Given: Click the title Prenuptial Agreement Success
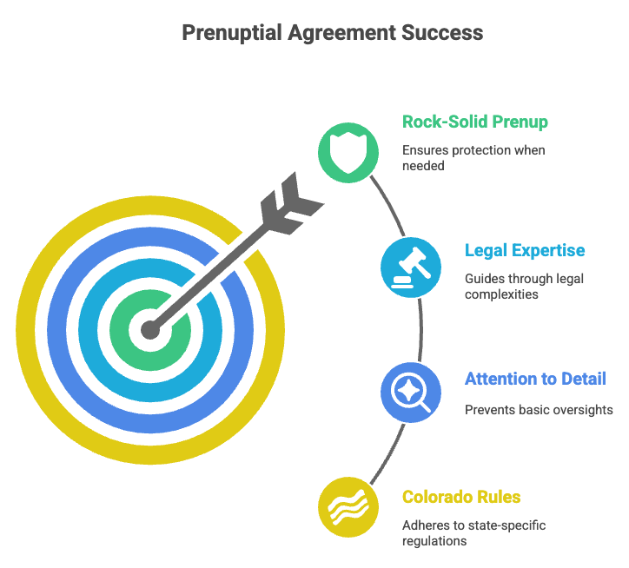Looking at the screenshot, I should coord(332,34).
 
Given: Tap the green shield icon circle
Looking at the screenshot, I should coord(348,153).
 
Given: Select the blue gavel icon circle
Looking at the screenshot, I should coord(411,267).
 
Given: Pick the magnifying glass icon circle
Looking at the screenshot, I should coord(411,393).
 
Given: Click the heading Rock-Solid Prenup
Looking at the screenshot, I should coord(474,122).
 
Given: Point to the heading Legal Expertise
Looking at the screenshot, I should coord(525,251).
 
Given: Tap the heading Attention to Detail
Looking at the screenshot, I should coord(535,379).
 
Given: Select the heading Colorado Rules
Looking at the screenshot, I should coord(460,497).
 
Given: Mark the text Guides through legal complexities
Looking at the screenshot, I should coord(513,286).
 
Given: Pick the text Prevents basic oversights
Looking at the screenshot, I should coord(539,410).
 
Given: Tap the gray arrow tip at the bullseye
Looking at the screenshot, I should coord(151,330).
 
